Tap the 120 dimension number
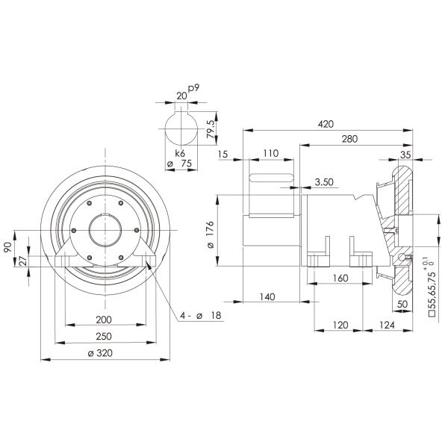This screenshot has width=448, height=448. (x=340, y=326)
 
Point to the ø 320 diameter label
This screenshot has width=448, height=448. (x=106, y=355)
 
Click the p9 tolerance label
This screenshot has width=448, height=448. (x=193, y=89)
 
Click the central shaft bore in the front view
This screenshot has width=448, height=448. (x=105, y=233)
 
